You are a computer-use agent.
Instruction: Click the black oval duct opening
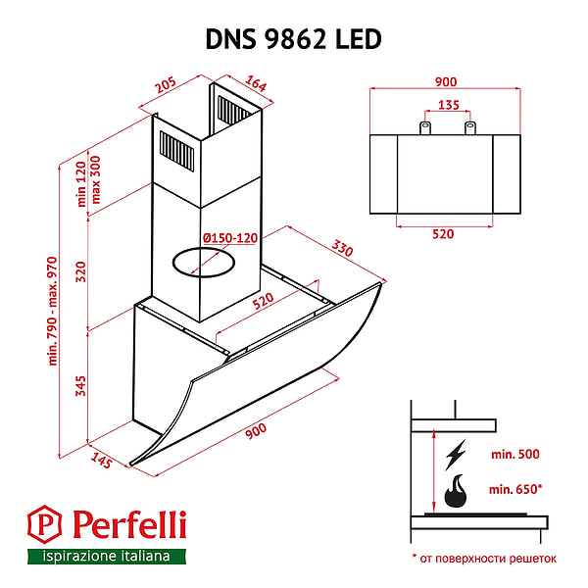(x=204, y=262)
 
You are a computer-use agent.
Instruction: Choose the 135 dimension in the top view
(x=448, y=106)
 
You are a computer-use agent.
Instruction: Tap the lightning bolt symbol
(x=456, y=455)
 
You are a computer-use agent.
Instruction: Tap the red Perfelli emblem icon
(x=41, y=525)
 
